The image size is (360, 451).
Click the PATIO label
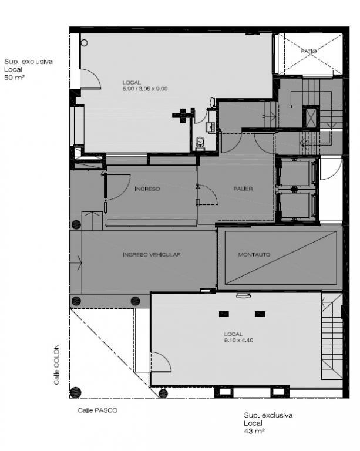point(308,51)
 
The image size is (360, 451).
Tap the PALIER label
point(243,189)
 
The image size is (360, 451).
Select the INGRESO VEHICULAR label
point(152,254)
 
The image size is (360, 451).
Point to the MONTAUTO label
point(254,254)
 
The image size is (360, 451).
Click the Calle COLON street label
point(56,365)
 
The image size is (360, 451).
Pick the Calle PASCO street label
point(97,410)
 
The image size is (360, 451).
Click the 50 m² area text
point(14,78)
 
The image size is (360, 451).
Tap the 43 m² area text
point(254,431)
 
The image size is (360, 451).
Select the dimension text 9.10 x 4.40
point(238,340)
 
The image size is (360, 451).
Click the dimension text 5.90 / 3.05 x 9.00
point(145,89)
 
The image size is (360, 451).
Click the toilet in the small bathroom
point(200,144)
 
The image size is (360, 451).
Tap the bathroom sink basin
point(211,127)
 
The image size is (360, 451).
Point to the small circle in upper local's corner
point(84,43)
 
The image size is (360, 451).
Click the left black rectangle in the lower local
point(224,314)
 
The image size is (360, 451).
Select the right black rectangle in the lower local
point(260,314)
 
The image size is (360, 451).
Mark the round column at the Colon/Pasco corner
point(75,392)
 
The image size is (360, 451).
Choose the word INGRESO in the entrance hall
point(147,189)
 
